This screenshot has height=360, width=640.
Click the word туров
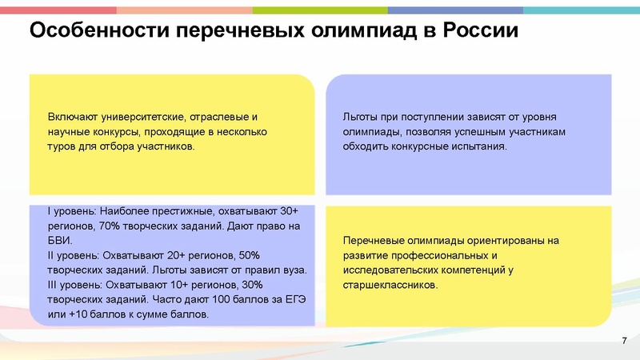click(x=61, y=147)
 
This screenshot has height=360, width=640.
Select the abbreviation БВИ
click(x=59, y=241)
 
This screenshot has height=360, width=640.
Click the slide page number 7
click(x=623, y=342)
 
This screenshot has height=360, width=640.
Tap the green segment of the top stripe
click(x=320, y=10)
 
